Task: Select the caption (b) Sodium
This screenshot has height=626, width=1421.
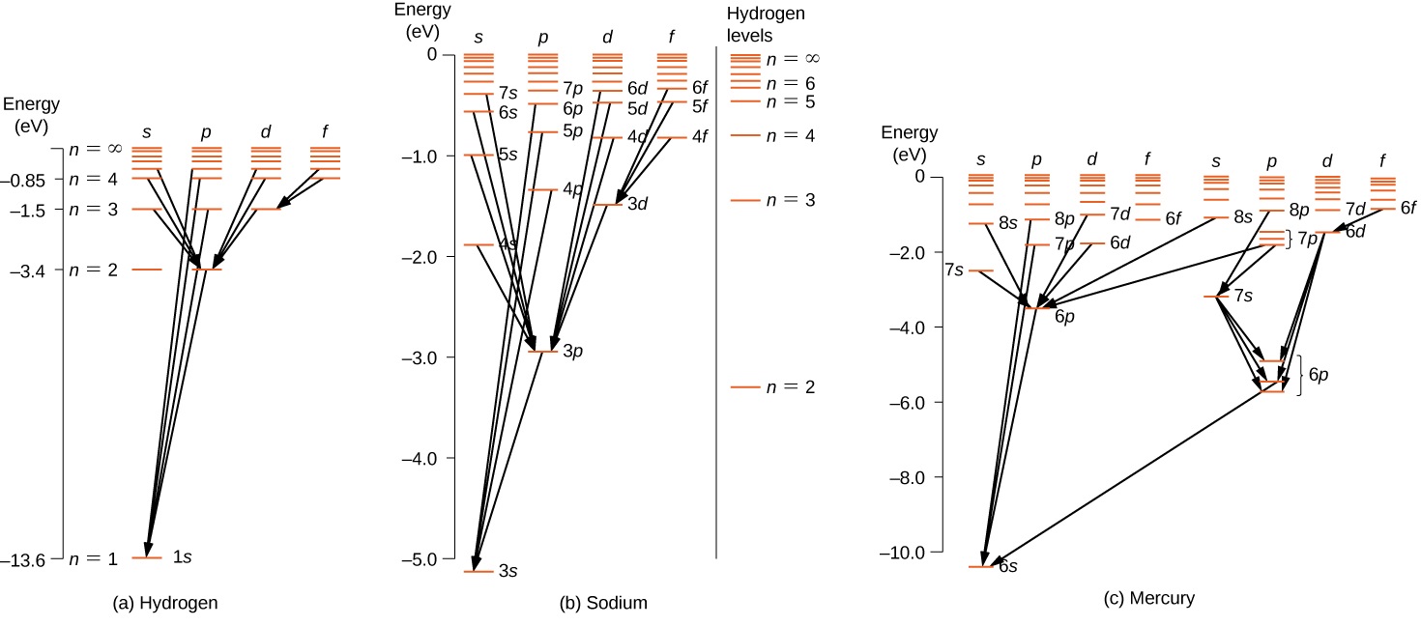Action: pyautogui.click(x=603, y=604)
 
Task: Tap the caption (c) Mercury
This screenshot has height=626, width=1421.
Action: pyautogui.click(x=1149, y=599)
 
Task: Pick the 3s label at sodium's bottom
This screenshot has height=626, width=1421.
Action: pyautogui.click(x=508, y=572)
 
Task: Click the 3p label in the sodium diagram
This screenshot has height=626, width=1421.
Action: pyautogui.click(x=573, y=352)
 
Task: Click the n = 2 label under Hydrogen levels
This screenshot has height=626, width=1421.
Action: pyautogui.click(x=789, y=387)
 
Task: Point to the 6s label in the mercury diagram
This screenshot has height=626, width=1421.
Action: pyautogui.click(x=1007, y=566)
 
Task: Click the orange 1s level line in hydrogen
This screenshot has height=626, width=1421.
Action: pyautogui.click(x=148, y=557)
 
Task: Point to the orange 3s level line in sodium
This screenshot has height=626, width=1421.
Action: pyautogui.click(x=478, y=572)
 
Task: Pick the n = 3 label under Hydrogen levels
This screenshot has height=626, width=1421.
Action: pyautogui.click(x=789, y=200)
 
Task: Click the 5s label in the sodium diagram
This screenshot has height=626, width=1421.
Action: pyautogui.click(x=507, y=155)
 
